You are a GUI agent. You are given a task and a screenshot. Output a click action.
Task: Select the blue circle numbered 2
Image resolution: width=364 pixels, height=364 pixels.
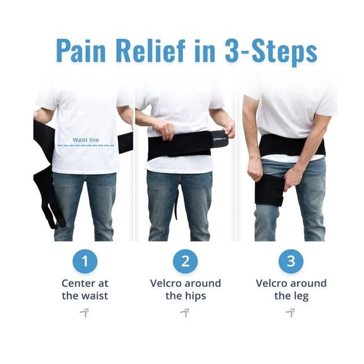185,262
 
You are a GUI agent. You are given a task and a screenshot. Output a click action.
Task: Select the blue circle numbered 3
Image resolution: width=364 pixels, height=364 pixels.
291,262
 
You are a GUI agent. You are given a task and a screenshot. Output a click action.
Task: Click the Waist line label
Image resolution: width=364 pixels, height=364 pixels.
85,139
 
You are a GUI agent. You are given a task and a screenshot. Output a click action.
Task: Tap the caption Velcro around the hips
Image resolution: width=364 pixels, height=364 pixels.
185,289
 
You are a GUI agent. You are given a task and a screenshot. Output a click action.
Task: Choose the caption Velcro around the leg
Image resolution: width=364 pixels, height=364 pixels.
291,289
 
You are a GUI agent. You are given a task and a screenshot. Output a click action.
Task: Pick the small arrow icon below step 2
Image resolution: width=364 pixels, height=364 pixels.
185,312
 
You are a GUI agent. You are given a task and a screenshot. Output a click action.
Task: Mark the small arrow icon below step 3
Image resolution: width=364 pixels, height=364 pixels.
290,312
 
